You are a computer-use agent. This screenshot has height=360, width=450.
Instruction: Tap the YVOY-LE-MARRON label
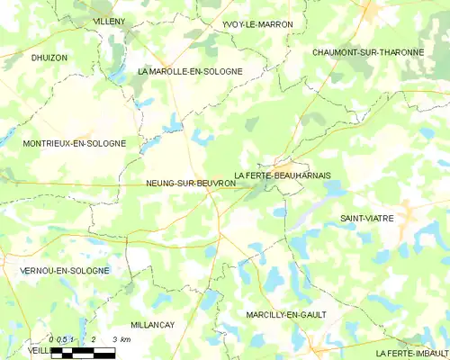256,24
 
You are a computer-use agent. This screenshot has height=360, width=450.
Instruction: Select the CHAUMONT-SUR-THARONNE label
368,52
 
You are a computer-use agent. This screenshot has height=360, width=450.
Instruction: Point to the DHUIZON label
49,58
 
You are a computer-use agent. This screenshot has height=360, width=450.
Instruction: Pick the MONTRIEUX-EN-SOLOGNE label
74,143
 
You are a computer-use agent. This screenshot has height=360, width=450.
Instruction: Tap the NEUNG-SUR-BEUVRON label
191,184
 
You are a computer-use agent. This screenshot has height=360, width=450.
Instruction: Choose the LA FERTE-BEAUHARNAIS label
283,175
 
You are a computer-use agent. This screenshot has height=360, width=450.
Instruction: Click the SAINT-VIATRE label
366,219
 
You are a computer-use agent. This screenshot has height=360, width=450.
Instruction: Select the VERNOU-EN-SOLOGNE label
64,270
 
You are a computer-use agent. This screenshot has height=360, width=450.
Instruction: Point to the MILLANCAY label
153,324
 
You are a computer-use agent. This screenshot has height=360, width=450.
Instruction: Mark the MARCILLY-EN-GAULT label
286,314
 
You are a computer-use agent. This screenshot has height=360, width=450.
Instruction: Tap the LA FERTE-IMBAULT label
412,352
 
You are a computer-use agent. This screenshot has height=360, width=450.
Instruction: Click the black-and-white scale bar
83,353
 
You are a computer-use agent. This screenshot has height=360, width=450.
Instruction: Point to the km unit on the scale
126,339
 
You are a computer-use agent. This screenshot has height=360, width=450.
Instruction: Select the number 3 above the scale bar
114,339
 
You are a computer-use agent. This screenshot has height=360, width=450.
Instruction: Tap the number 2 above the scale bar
93,339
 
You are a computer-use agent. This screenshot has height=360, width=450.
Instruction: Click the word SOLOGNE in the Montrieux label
104,143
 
